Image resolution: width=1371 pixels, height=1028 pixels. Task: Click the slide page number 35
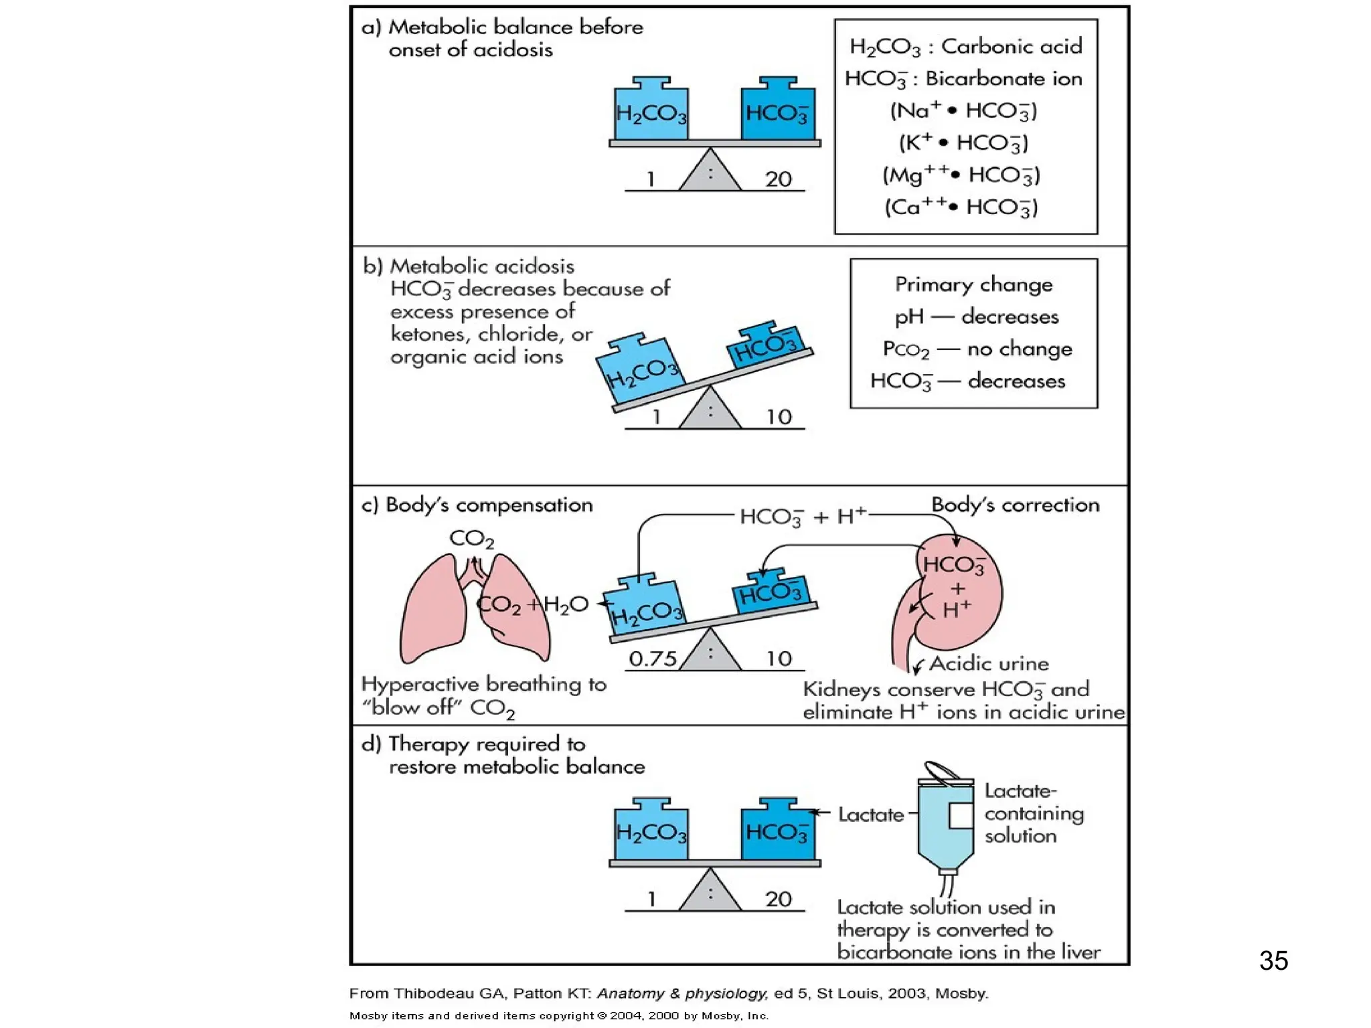pos(1273,960)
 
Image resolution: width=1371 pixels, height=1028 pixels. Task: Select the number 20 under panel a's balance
pos(778,179)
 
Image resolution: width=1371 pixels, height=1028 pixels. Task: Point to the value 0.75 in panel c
pos(653,659)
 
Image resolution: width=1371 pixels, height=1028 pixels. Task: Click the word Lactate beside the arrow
pos(870,815)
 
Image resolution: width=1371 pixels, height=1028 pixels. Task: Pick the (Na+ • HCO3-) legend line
pos(963,110)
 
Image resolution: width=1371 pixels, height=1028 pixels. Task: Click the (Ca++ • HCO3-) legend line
pos(961,207)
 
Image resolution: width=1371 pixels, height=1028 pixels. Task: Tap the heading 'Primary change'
pos(973,284)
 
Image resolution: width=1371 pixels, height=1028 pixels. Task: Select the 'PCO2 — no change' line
pos(977,349)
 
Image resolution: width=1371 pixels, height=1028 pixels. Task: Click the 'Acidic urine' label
pos(989,663)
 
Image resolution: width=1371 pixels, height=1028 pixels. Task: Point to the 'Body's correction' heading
pos(1015,505)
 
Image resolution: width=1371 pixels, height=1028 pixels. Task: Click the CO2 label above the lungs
pos(471,539)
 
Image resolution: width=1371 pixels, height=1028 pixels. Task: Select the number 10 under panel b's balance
pos(779,417)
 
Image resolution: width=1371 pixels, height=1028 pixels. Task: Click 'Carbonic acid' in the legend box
pos(1011,46)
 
